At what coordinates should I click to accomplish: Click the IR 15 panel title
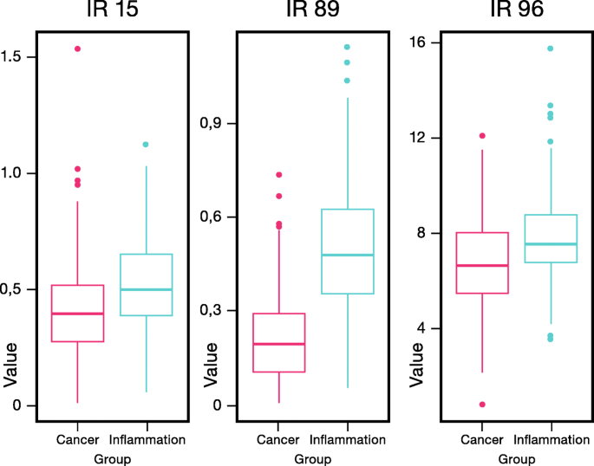(110, 12)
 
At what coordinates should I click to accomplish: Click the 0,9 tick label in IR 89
(214, 123)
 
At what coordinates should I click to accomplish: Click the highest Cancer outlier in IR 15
(77, 49)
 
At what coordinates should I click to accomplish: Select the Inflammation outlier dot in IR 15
(146, 144)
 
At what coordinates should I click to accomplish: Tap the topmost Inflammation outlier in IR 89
(347, 47)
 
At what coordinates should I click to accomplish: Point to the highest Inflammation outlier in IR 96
(550, 49)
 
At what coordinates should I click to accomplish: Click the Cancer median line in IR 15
(77, 314)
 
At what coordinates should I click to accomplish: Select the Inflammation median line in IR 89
(347, 255)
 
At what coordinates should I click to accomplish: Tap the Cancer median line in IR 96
(482, 265)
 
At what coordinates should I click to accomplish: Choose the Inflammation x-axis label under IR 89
(347, 439)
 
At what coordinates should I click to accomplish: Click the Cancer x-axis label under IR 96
(482, 439)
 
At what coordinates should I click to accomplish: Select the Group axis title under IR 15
(112, 459)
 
